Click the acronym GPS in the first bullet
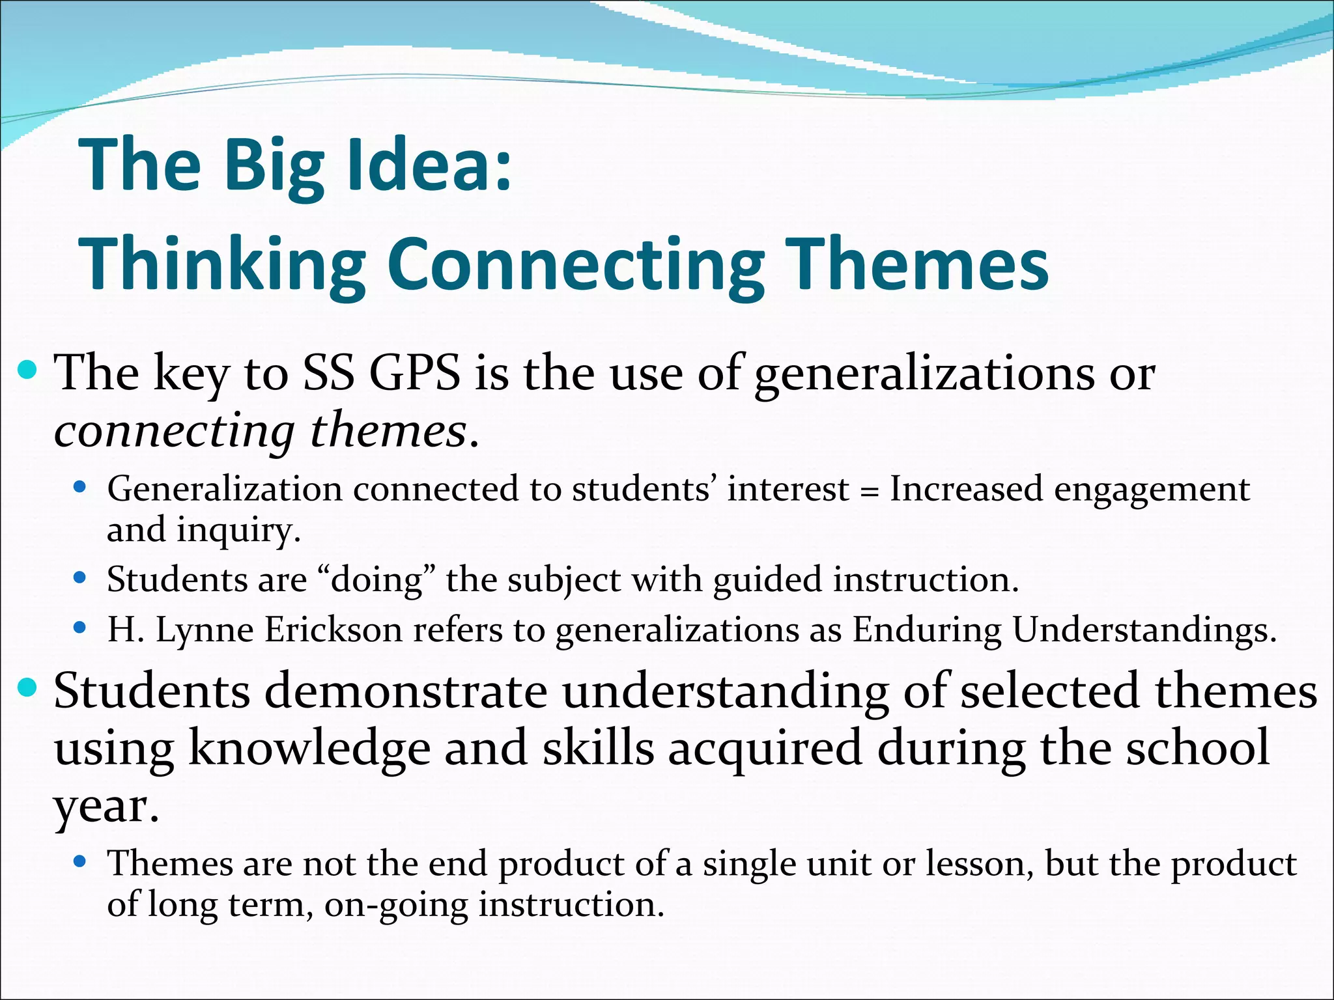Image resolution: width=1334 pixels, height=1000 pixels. tap(415, 374)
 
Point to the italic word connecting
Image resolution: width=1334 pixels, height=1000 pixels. tap(175, 432)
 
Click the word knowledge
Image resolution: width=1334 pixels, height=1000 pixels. tap(309, 749)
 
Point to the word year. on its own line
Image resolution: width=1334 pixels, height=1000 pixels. tap(106, 807)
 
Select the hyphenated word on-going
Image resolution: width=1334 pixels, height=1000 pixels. tap(395, 906)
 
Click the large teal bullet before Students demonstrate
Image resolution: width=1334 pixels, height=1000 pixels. tap(27, 687)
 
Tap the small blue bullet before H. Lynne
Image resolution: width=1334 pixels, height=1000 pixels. tap(80, 628)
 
